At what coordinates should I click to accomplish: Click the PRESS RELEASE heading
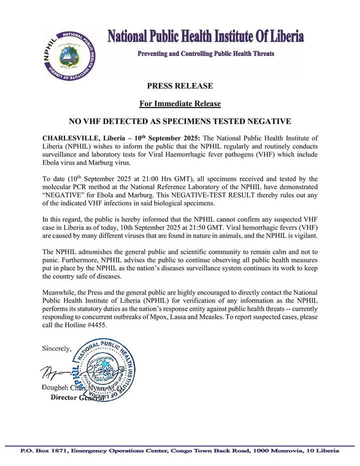coord(180,86)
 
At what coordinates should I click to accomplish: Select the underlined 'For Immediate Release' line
coord(180,104)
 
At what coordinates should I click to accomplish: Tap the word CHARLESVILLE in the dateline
coord(71,138)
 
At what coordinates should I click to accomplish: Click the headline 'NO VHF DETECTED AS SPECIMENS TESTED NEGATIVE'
coord(180,121)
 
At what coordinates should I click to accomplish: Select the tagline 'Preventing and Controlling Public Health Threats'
coord(205,54)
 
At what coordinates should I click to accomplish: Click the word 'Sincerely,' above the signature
coord(57,347)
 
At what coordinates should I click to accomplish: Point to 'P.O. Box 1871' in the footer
coord(42,451)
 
